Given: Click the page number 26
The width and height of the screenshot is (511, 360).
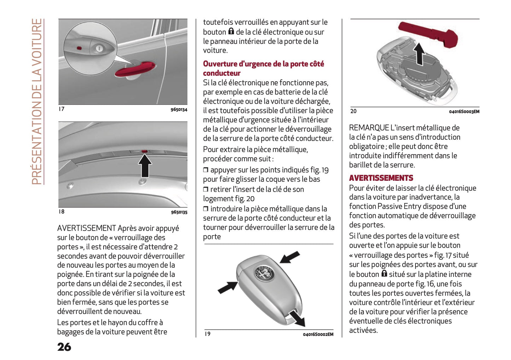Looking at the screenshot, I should point(64,347).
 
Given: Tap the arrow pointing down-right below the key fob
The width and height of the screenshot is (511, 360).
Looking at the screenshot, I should point(296,317).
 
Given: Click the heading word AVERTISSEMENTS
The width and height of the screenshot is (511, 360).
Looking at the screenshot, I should point(381,178).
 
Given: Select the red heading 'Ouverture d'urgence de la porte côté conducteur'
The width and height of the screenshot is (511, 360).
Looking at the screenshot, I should point(263,68).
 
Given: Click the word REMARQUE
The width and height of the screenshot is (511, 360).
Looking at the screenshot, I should point(369,128).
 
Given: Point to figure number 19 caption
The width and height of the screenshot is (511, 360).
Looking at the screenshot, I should point(208,334).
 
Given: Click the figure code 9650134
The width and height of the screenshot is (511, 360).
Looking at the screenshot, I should point(179,110).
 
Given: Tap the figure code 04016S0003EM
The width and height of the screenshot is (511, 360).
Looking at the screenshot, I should point(464,112).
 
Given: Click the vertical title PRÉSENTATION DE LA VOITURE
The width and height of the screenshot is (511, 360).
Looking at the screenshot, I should point(37,102).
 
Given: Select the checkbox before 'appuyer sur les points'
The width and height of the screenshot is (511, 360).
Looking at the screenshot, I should point(206,170).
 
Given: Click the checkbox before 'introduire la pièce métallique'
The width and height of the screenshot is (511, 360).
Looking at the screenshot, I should point(206,209).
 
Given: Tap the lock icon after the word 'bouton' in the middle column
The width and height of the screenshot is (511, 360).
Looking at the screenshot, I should point(231,31).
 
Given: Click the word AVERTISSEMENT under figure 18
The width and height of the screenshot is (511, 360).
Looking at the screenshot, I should point(86,228).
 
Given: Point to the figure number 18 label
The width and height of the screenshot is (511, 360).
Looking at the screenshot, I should point(62,211).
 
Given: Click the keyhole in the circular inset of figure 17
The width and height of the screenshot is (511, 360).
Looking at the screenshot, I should point(99,48).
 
